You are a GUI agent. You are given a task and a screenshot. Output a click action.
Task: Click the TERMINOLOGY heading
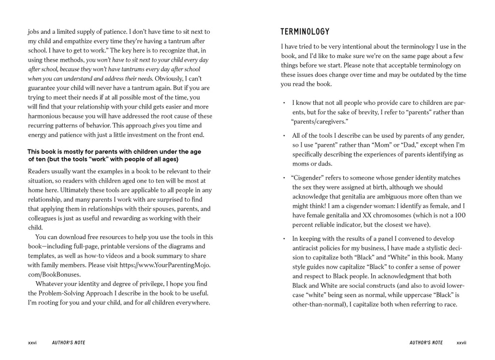click(x=305, y=32)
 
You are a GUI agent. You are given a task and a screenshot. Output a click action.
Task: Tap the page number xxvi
click(x=32, y=343)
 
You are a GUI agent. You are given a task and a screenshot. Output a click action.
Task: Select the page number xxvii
click(x=462, y=343)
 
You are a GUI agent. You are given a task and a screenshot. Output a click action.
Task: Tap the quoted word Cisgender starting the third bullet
click(x=309, y=178)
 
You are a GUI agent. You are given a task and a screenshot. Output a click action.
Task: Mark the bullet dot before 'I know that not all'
click(x=284, y=103)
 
